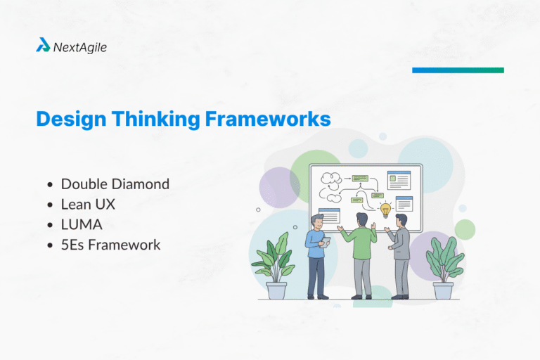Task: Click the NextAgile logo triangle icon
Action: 44,46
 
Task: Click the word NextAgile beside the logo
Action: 80,47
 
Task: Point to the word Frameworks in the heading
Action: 268,118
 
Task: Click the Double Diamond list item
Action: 115,184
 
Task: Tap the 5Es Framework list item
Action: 110,245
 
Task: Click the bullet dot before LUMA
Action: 50,225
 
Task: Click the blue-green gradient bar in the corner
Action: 458,70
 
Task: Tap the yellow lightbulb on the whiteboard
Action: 385,209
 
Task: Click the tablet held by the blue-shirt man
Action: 326,241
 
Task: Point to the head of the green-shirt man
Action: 361,219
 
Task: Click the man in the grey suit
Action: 401,253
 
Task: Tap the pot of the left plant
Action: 276,290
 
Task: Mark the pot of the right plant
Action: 443,290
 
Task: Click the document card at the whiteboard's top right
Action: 398,180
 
